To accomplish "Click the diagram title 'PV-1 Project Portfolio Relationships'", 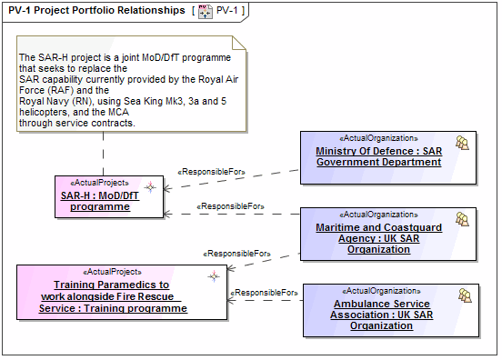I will (96, 10).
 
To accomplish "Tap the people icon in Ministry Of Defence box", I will (462, 144).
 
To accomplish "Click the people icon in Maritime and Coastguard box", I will (462, 219).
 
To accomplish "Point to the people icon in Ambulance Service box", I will (464, 295).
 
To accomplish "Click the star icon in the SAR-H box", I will (151, 187).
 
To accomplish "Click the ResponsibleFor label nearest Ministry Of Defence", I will (213, 170).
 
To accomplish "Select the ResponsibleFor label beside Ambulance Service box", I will (265, 293).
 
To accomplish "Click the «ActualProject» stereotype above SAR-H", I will (95, 182).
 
